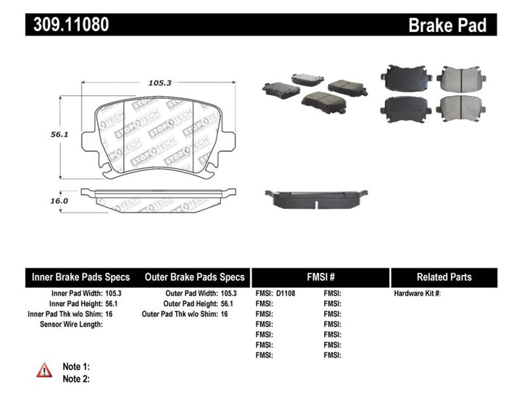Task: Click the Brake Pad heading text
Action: click(446, 25)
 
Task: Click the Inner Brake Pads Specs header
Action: click(80, 277)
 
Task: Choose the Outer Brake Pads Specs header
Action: click(195, 277)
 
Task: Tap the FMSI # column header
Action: click(319, 277)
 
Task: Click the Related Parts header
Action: click(444, 277)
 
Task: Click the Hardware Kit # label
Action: click(417, 294)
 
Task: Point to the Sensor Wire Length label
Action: click(71, 324)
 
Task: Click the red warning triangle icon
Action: click(44, 370)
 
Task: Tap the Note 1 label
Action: click(76, 367)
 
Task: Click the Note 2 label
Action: click(76, 379)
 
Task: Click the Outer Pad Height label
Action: click(190, 304)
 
